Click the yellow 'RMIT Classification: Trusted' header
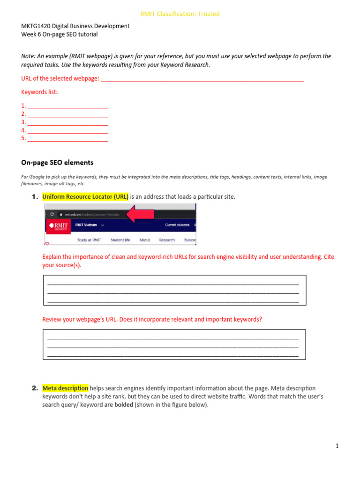(x=180, y=14)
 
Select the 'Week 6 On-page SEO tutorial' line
(x=60, y=34)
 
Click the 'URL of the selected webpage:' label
(x=60, y=78)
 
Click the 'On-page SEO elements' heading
(x=57, y=163)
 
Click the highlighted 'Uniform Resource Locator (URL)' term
(x=85, y=197)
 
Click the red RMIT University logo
(x=58, y=226)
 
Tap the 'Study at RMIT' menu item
(x=89, y=240)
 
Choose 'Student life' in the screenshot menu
(x=120, y=240)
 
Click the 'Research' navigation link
(x=167, y=240)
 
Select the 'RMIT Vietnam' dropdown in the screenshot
(x=90, y=225)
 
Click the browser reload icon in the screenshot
(x=52, y=214)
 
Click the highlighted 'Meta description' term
(x=65, y=388)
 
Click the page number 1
(x=337, y=446)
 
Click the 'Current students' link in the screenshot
(x=177, y=225)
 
